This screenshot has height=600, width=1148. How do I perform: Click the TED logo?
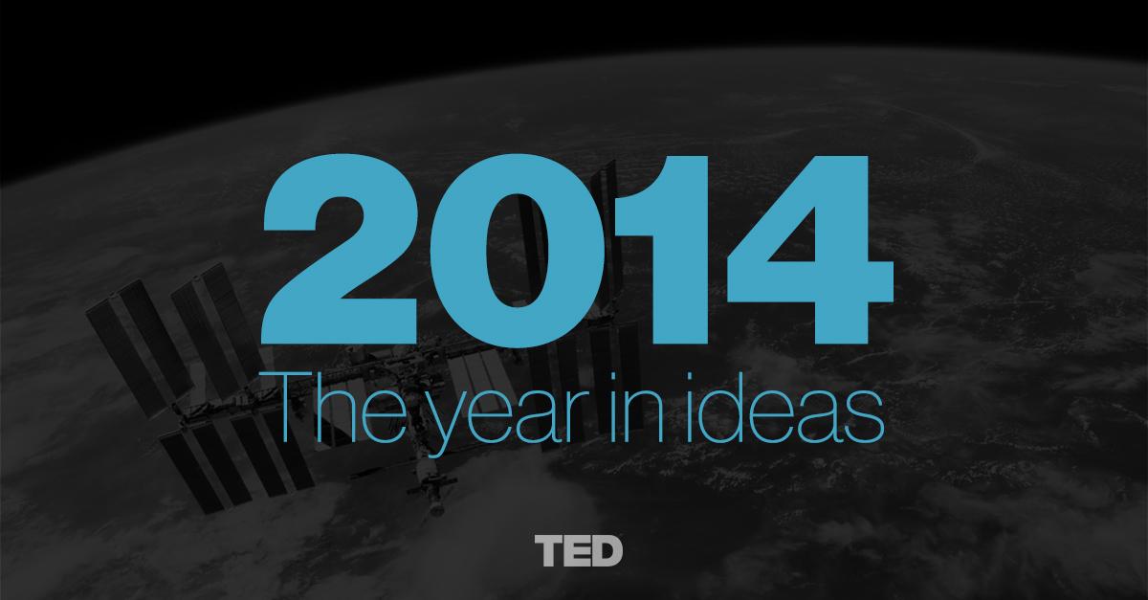coord(579,551)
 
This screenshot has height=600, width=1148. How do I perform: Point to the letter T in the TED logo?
coord(549,551)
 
